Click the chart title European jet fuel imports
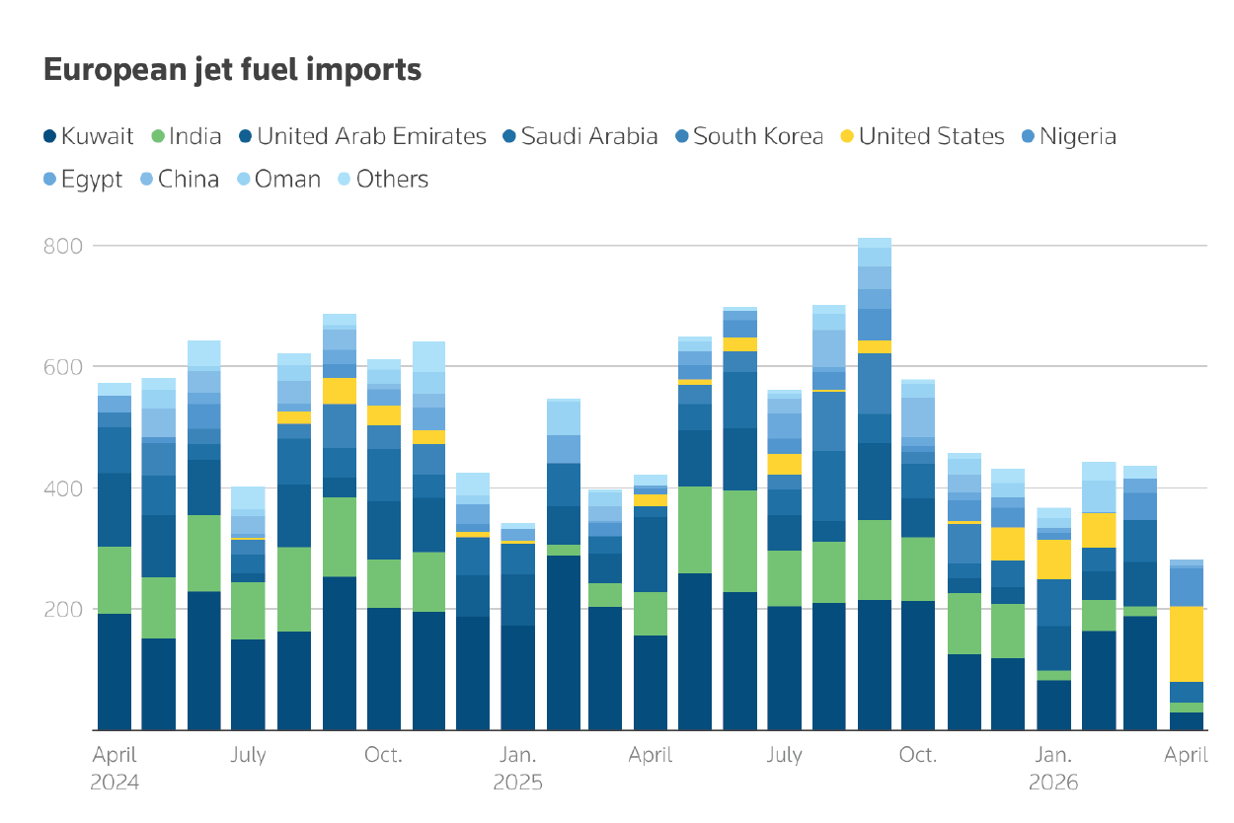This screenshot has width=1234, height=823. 232,71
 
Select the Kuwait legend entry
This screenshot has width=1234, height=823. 89,137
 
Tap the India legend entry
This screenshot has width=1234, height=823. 187,137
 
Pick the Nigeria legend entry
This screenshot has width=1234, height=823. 1067,137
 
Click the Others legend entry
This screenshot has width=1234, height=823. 382,180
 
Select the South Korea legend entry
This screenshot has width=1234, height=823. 748,137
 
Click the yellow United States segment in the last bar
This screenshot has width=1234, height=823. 1187,643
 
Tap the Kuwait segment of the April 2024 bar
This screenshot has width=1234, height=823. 115,672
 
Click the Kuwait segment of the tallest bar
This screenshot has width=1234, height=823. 875,665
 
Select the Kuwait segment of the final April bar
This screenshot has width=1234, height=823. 1187,721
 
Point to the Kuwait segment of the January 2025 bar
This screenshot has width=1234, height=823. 517,678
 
